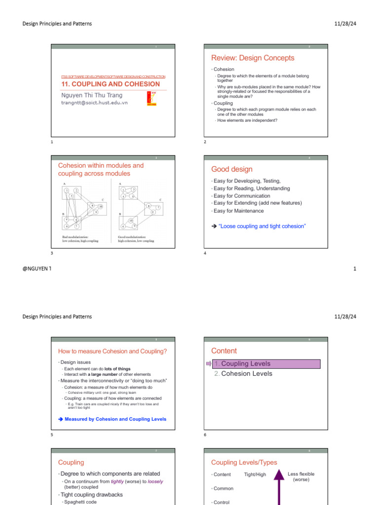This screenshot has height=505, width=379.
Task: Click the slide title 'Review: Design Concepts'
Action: (x=253, y=58)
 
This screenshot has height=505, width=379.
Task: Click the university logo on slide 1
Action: (x=152, y=98)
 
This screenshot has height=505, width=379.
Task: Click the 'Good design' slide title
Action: (x=231, y=169)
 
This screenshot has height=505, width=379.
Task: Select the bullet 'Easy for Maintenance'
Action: (x=238, y=211)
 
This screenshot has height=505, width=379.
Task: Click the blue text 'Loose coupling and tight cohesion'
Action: (x=262, y=226)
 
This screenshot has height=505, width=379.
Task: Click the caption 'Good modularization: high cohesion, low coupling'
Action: (x=136, y=239)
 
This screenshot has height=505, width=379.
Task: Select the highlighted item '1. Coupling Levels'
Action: (x=266, y=364)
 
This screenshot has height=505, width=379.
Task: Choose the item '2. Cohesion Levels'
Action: (x=243, y=374)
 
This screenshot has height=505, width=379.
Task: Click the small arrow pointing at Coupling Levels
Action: (x=208, y=364)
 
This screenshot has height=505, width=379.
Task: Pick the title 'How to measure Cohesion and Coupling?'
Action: (x=113, y=351)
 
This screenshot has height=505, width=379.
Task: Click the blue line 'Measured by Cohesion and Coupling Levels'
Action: (x=115, y=419)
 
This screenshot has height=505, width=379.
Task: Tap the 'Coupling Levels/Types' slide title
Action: (x=244, y=463)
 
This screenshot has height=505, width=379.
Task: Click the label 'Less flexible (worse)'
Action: (x=301, y=477)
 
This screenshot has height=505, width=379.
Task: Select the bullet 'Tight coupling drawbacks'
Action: (x=92, y=495)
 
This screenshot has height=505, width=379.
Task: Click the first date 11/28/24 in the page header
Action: (x=345, y=24)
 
